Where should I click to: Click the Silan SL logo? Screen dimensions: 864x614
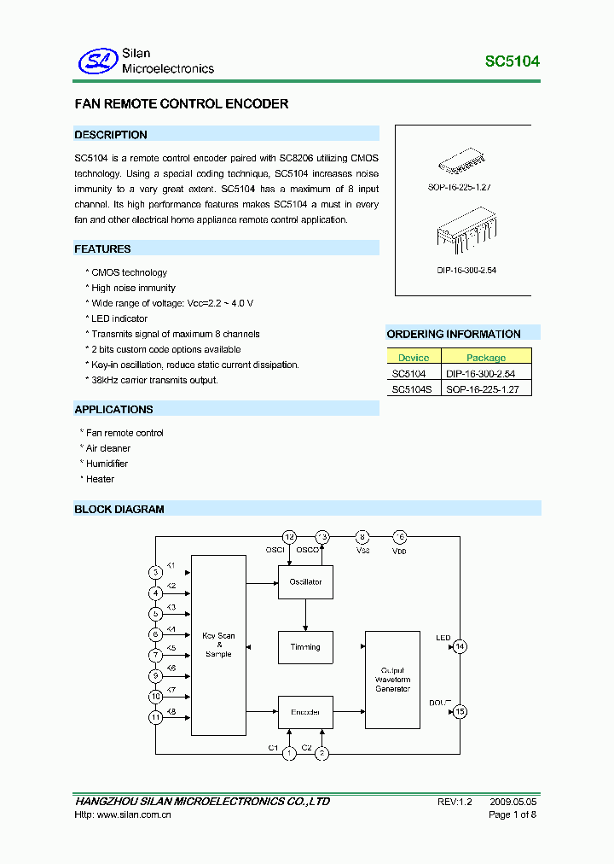pos(97,61)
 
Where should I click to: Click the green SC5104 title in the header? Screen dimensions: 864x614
pos(512,61)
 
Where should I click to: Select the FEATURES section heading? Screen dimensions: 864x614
pos(103,249)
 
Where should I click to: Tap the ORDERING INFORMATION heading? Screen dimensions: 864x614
pos(454,334)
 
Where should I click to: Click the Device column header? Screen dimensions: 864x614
pos(414,358)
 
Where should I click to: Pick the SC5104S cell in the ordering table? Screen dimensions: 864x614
pos(412,388)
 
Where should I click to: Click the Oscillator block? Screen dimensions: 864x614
pos(305,582)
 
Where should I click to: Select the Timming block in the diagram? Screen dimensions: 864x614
pos(305,647)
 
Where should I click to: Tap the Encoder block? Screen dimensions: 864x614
pos(305,711)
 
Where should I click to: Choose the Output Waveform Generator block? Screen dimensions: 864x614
pos(392,680)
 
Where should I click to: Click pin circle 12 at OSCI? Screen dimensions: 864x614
pos(290,537)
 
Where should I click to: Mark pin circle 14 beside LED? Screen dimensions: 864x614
pos(460,646)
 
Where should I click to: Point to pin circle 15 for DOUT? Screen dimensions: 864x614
pos(460,711)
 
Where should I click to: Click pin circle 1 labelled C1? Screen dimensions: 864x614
pos(290,753)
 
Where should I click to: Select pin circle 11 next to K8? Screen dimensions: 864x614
pos(155,718)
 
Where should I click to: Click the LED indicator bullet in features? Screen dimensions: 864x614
pos(119,318)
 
